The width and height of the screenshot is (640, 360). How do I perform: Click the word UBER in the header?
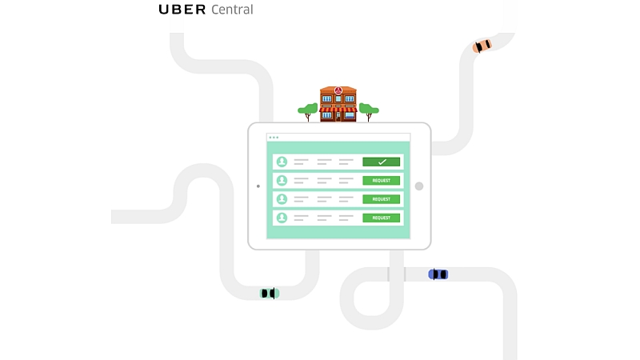coord(182,10)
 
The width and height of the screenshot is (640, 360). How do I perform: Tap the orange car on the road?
coord(482,46)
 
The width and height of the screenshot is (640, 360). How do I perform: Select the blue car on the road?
coord(438,274)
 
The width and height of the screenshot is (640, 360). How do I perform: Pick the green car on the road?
coord(270,294)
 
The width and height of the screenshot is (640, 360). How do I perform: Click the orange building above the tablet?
coord(338,105)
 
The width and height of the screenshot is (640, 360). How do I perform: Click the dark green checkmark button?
coord(381,162)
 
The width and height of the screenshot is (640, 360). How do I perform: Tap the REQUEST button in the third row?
coord(381,199)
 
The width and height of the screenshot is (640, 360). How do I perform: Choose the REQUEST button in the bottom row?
coord(381,218)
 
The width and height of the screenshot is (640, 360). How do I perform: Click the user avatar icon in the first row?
coord(282,162)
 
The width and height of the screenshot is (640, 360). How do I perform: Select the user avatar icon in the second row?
coord(282,180)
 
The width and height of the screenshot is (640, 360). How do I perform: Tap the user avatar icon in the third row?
coord(282,199)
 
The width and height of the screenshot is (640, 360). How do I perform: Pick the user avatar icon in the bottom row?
coord(282,218)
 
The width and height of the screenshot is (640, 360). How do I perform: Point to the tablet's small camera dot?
coord(258,186)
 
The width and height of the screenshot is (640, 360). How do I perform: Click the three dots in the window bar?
coord(274,138)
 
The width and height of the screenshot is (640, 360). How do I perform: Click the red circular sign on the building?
coord(338,90)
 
